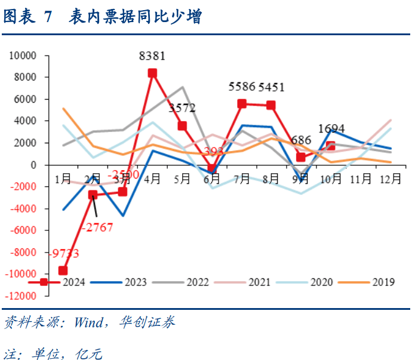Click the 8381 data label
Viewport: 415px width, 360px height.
point(152,57)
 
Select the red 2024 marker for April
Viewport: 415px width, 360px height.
point(152,73)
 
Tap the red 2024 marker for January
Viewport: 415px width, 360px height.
point(63,270)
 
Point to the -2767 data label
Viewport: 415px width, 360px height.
point(99,227)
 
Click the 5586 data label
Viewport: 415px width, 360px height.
point(242,87)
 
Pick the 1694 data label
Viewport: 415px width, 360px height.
point(331,128)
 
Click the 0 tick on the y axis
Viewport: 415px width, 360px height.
point(34,165)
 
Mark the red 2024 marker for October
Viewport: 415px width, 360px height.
point(331,146)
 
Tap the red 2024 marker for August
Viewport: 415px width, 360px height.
point(271,105)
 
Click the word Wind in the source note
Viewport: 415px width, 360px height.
point(88,323)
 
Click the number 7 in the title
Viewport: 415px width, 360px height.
point(48,17)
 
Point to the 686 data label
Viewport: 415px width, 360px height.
point(301,140)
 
